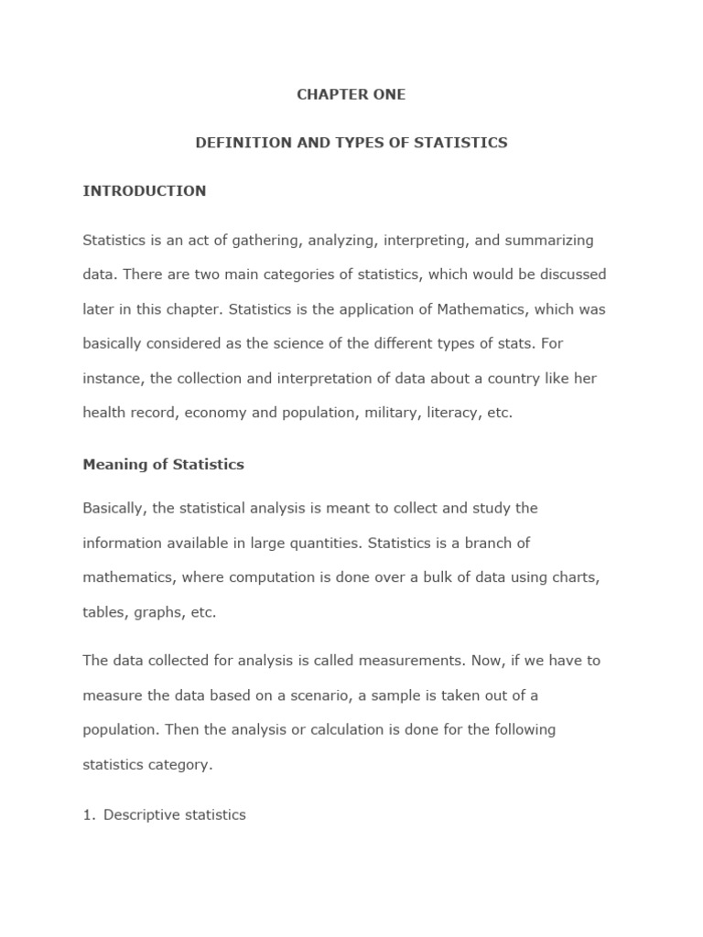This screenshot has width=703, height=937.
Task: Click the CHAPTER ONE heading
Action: point(351,95)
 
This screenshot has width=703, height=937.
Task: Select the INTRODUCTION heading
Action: point(145,191)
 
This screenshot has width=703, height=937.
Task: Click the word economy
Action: point(218,413)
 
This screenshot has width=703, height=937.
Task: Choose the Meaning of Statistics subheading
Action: point(164,464)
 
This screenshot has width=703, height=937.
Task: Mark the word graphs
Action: point(157,612)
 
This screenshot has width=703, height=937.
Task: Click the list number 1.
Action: point(89,814)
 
